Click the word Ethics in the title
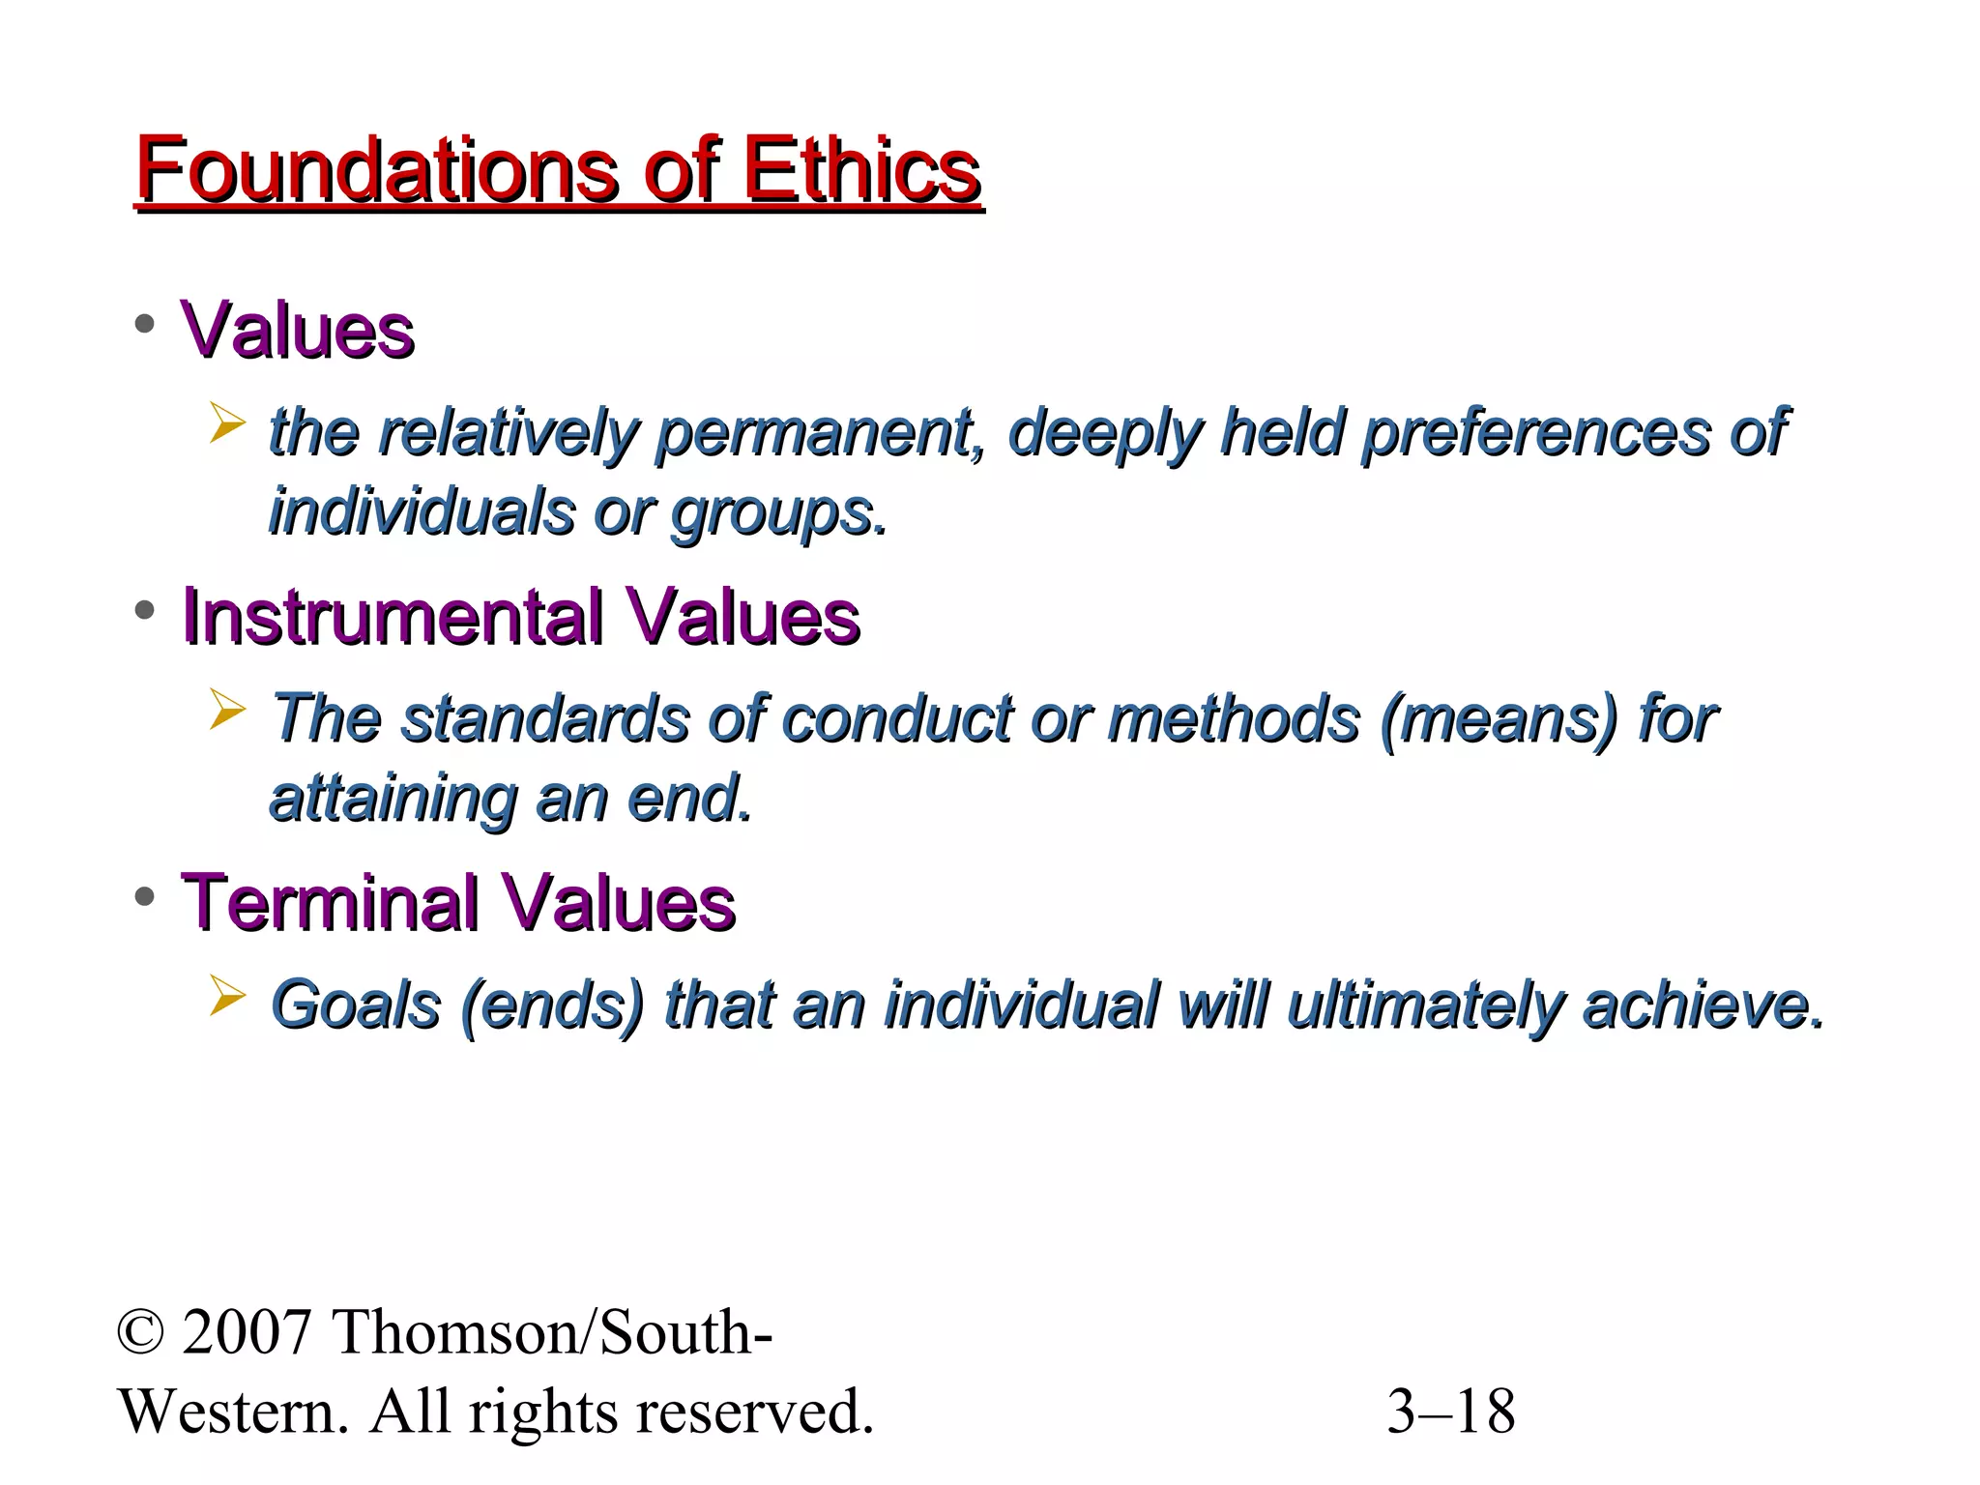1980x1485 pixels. tap(860, 170)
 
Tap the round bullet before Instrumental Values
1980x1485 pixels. tap(145, 611)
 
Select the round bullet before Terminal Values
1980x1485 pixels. tap(145, 897)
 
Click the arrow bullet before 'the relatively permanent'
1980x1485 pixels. tap(227, 424)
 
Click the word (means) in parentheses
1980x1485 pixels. tap(1498, 719)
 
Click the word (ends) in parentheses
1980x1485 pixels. tap(552, 1005)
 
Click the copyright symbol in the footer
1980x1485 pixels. tap(141, 1333)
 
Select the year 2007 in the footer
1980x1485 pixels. tap(247, 1333)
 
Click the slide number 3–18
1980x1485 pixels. tap(1450, 1412)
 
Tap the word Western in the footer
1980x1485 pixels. tap(232, 1412)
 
